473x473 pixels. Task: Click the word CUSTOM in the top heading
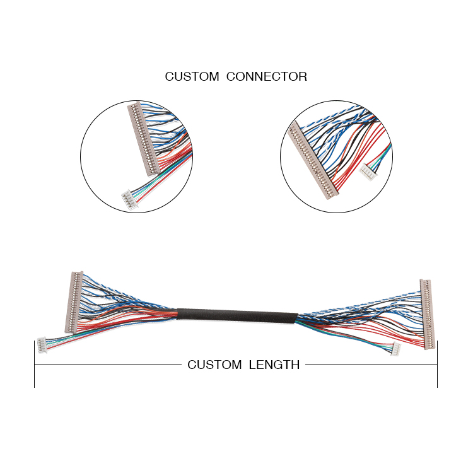point(192,77)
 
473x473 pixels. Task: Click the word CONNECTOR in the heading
point(266,77)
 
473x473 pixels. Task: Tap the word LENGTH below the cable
point(273,365)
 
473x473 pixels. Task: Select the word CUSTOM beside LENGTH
point(214,365)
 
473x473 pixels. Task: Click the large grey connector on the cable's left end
point(74,301)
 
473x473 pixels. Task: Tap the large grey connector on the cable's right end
point(428,313)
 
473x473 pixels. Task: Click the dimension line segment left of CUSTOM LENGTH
point(107,365)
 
